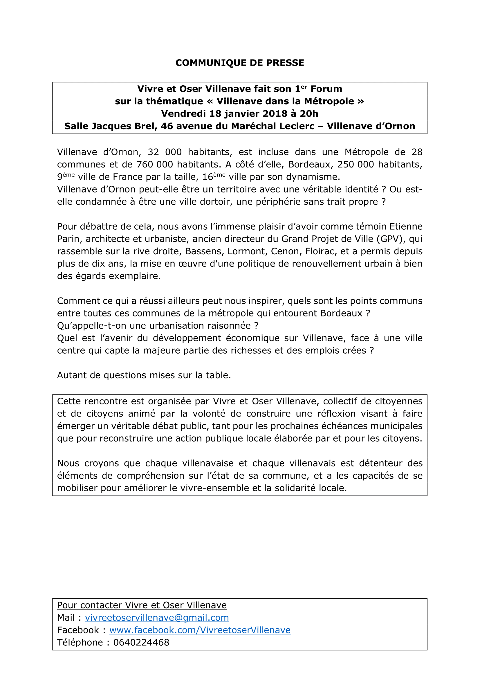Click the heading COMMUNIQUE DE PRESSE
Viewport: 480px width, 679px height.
tap(240, 63)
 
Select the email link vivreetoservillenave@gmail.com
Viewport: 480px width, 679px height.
tap(157, 617)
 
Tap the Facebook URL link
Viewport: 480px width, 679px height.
tap(200, 630)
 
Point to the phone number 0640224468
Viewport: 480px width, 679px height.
tap(141, 642)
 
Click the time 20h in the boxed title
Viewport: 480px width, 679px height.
tap(309, 114)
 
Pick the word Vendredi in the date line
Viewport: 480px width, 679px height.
tap(183, 114)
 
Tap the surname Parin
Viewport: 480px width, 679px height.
tap(68, 239)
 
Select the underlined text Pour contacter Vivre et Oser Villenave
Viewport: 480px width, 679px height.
tap(142, 605)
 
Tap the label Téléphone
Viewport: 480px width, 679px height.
tap(80, 642)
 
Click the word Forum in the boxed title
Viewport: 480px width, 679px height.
tap(326, 89)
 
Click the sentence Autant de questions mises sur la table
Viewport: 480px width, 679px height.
tap(144, 375)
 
